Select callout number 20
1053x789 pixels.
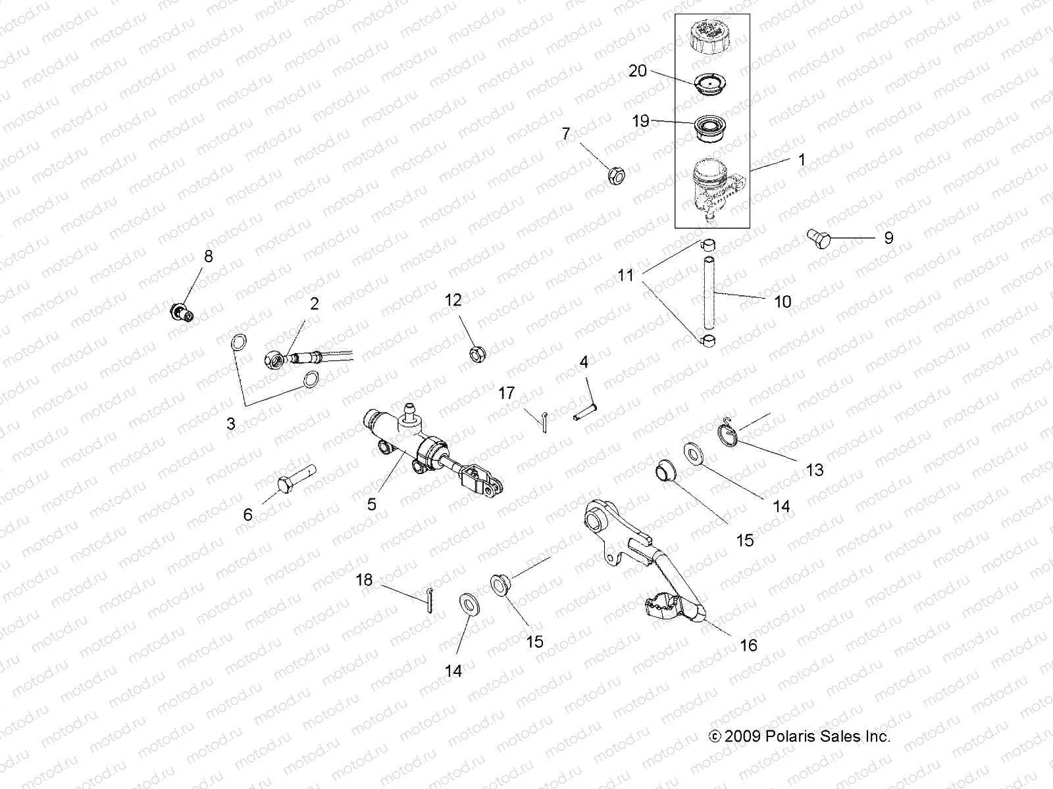638,70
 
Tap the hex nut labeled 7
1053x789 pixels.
615,176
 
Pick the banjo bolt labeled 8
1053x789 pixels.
180,310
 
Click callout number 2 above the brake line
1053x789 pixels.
314,303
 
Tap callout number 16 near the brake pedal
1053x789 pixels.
748,645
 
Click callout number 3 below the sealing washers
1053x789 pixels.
231,424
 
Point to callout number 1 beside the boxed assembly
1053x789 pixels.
802,160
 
